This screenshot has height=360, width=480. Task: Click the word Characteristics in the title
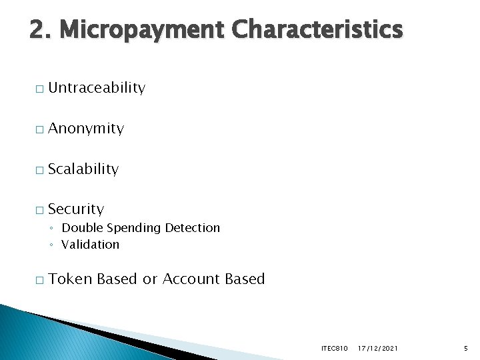(317, 29)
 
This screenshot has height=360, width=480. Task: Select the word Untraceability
(97, 88)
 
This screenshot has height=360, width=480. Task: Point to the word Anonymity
(86, 129)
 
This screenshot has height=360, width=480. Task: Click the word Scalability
(83, 169)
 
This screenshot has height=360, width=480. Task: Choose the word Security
(76, 209)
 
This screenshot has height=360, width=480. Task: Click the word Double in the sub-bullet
(81, 228)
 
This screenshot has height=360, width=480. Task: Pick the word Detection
(192, 228)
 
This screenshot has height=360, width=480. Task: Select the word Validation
(90, 245)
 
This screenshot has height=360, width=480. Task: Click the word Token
(70, 279)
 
